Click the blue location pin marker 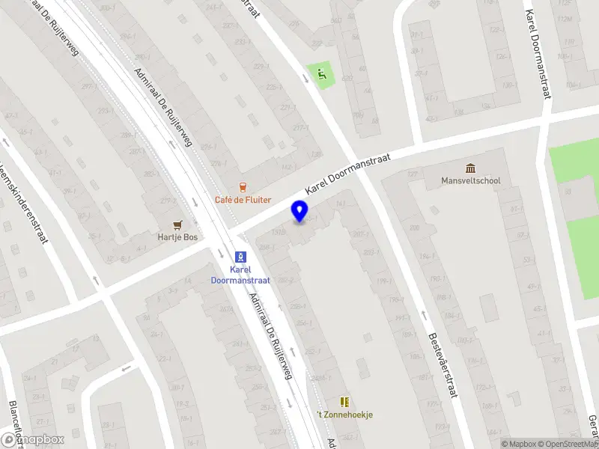(299, 211)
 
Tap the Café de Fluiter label (243, 200)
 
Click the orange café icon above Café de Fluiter (242, 186)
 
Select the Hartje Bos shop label (177, 237)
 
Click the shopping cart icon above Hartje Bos (177, 224)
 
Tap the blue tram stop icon (241, 255)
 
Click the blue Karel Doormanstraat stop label (241, 274)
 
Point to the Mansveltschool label (470, 180)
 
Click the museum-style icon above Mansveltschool (470, 168)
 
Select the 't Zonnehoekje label (344, 415)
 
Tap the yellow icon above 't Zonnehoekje (344, 402)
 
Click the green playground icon (322, 74)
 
